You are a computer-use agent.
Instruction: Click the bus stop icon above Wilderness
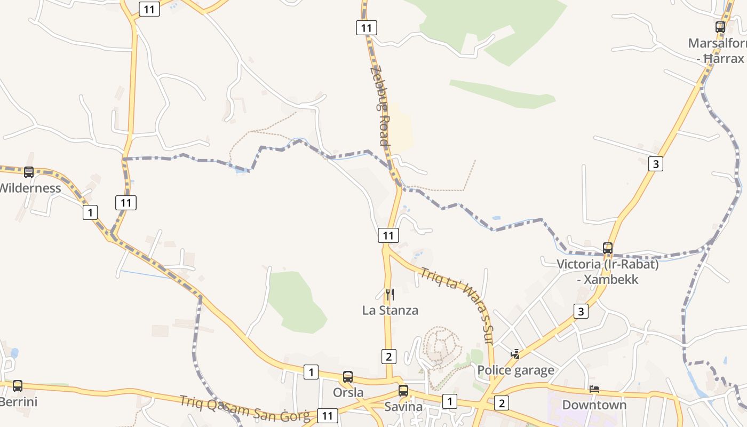point(29,172)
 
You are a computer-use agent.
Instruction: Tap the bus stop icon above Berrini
point(18,385)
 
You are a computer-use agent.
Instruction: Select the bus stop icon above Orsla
point(348,377)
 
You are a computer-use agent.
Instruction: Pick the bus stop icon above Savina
point(403,391)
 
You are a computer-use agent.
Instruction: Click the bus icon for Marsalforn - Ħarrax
point(720,27)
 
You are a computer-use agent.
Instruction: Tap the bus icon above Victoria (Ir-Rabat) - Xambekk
point(608,248)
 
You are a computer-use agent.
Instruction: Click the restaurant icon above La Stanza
point(390,295)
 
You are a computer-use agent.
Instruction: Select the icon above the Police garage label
point(515,354)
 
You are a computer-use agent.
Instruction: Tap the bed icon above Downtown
point(594,389)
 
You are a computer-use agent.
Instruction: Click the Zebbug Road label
point(380,106)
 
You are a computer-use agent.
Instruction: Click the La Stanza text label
point(390,310)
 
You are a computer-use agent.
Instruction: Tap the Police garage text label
point(515,370)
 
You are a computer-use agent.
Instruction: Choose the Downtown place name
point(594,405)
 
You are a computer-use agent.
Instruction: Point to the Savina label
point(403,407)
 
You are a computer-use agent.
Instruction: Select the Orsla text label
point(348,392)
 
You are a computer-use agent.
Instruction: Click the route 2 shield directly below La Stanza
point(389,356)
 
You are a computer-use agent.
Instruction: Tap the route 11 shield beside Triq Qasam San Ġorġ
point(327,415)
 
